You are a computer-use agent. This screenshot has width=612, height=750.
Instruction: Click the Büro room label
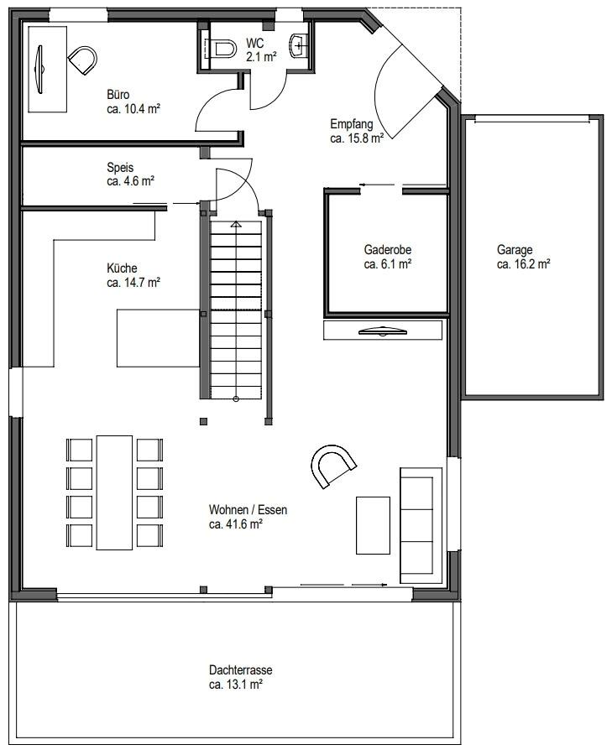[x=118, y=94]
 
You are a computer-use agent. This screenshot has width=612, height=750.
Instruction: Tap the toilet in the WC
[x=222, y=49]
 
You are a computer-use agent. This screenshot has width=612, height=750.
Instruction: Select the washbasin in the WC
[x=299, y=44]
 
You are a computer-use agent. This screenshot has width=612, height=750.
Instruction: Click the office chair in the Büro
[x=81, y=60]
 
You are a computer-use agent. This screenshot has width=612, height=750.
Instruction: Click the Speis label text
[x=120, y=167]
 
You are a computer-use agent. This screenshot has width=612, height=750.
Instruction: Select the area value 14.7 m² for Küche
[x=133, y=283]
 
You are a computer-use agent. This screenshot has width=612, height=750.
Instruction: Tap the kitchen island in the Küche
[x=158, y=337]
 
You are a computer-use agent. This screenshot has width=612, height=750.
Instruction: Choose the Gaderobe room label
[x=387, y=249]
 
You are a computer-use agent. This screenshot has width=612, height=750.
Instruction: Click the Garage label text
[x=515, y=249]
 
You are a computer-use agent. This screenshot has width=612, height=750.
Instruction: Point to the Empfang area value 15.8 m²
[x=357, y=138]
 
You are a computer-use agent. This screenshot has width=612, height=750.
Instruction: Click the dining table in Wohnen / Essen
[x=115, y=491]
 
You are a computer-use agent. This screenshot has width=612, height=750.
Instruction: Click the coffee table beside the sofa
[x=373, y=525]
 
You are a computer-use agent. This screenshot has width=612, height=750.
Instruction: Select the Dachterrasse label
[x=240, y=670]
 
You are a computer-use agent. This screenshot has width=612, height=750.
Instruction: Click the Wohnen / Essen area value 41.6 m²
[x=236, y=524]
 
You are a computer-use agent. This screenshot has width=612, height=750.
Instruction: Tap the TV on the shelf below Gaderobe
[x=384, y=331]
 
